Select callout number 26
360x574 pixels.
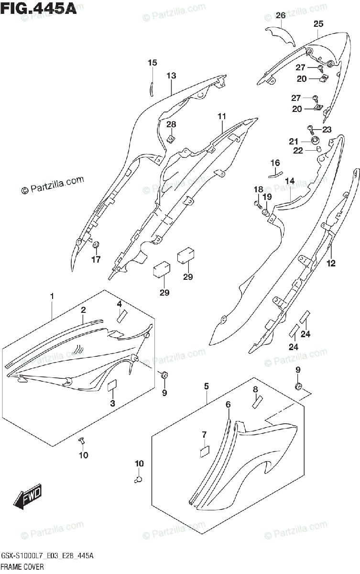coord(281,15)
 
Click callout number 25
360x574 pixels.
coord(318,24)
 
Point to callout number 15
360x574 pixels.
coord(152,63)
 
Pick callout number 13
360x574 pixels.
coord(171,76)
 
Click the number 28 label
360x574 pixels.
coord(171,124)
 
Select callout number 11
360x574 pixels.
coord(221,116)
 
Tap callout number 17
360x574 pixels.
coord(96,260)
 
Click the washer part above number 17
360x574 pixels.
coord(96,246)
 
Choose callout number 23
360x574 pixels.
coord(327,129)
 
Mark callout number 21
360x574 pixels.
coord(306,141)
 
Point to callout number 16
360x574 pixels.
coord(275,163)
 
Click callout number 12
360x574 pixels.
coord(331,263)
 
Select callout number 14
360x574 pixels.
coord(290,181)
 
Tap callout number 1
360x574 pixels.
coord(52,297)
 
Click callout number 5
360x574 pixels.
coord(207,386)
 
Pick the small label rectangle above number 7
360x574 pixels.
coord(205,450)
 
